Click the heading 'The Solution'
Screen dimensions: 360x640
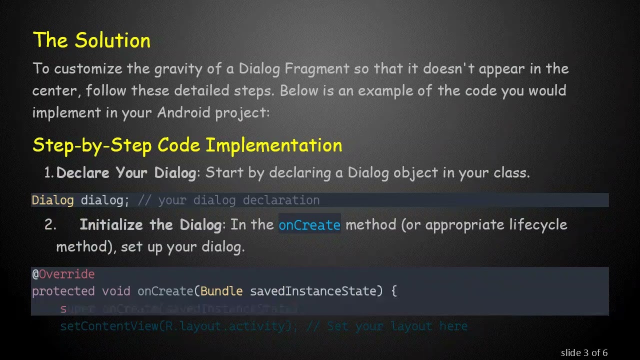pyautogui.click(x=91, y=40)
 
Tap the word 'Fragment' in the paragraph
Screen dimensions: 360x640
pyautogui.click(x=316, y=68)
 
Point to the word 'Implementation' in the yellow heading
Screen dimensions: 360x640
pyautogui.click(x=274, y=145)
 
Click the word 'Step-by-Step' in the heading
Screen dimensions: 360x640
pyautogui.click(x=92, y=145)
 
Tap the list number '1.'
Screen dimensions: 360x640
pyautogui.click(x=49, y=173)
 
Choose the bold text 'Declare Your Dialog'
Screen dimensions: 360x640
pyautogui.click(x=126, y=173)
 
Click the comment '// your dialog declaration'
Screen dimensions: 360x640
pyautogui.click(x=228, y=200)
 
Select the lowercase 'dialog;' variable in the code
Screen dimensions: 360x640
pyautogui.click(x=105, y=200)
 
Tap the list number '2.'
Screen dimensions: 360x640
pyautogui.click(x=50, y=225)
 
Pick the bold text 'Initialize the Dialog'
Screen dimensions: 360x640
pyautogui.click(x=150, y=225)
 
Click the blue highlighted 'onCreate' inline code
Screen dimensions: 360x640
pyautogui.click(x=309, y=225)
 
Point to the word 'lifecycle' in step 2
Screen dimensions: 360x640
pyautogui.click(x=538, y=225)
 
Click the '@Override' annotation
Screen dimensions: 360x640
pyautogui.click(x=63, y=274)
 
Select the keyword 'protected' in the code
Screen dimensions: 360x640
pyautogui.click(x=63, y=291)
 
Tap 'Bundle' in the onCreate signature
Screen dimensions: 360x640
pyautogui.click(x=221, y=291)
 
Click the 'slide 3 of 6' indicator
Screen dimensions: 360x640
pyautogui.click(x=584, y=353)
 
